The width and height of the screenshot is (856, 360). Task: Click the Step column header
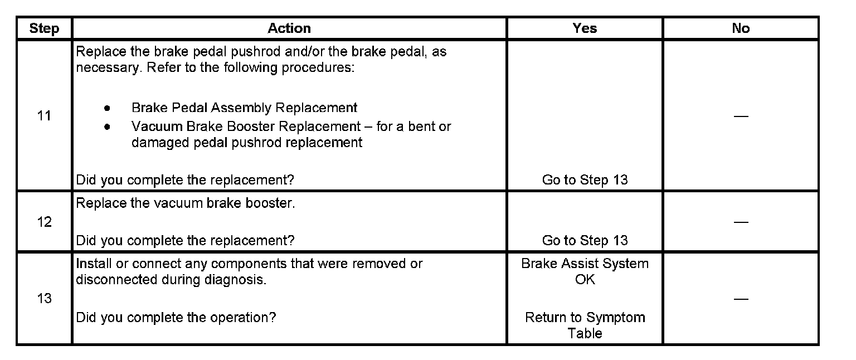tap(44, 28)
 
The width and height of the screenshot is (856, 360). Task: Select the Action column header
tap(289, 28)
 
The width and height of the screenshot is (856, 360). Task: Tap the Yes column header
tap(585, 28)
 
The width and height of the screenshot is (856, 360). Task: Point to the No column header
tap(741, 28)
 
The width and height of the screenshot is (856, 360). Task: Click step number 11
tap(44, 116)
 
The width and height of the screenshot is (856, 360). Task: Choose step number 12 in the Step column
tap(44, 222)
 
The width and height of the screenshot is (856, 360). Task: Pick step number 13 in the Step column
tap(44, 299)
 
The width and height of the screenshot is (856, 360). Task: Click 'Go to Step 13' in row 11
tap(585, 180)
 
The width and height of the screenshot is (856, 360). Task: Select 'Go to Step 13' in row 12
tap(585, 241)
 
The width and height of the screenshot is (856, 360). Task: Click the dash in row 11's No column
tap(741, 116)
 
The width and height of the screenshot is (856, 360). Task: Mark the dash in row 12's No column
tap(741, 222)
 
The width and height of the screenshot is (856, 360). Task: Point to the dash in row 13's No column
tap(741, 299)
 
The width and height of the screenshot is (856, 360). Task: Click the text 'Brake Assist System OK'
tap(585, 271)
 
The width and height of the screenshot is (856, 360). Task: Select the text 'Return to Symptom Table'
tap(585, 325)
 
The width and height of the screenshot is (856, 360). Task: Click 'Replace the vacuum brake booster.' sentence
tap(185, 203)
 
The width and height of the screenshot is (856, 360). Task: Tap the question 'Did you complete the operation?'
tap(176, 318)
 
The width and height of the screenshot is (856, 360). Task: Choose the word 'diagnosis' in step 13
tap(236, 280)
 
